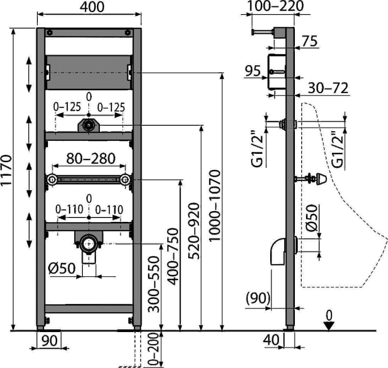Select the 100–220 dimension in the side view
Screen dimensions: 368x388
(274, 6)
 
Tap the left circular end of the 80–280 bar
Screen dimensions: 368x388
(51, 180)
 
